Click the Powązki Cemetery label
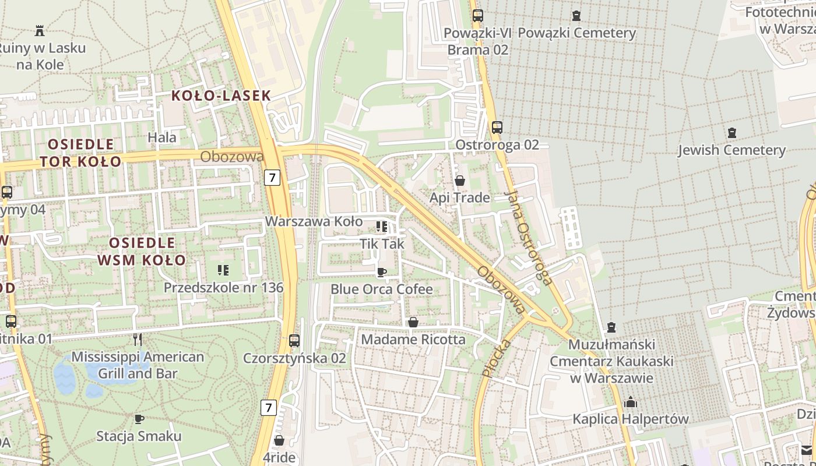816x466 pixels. click(x=576, y=33)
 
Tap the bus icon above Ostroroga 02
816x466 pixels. click(x=497, y=128)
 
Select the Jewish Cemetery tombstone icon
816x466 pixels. click(x=731, y=133)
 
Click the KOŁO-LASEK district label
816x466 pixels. click(x=221, y=96)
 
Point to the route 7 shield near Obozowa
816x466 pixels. click(x=272, y=177)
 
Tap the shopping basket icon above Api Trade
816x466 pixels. click(x=459, y=181)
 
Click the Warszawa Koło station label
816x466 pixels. click(x=314, y=222)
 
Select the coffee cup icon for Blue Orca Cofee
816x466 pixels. click(x=381, y=272)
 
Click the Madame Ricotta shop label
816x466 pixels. click(x=413, y=339)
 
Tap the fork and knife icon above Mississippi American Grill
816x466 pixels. click(x=138, y=339)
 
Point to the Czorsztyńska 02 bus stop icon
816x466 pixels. click(x=294, y=341)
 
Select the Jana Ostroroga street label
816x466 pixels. click(x=529, y=238)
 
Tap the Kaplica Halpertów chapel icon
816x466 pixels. click(x=630, y=402)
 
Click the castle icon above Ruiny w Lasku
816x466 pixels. click(x=40, y=30)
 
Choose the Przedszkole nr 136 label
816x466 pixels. click(x=223, y=288)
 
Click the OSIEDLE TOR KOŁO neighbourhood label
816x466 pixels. click(x=80, y=153)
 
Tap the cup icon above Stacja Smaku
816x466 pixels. click(x=139, y=419)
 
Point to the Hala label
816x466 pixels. click(x=162, y=137)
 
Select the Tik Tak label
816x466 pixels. click(x=382, y=243)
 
